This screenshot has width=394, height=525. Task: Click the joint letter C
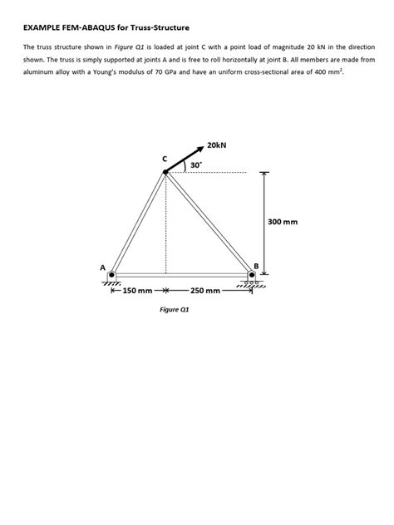coord(165,158)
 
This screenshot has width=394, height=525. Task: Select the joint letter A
coord(102,268)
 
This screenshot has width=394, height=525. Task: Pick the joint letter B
coord(257,266)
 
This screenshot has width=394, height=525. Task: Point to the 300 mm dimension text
coord(283,223)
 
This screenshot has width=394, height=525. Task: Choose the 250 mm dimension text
coord(205,292)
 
